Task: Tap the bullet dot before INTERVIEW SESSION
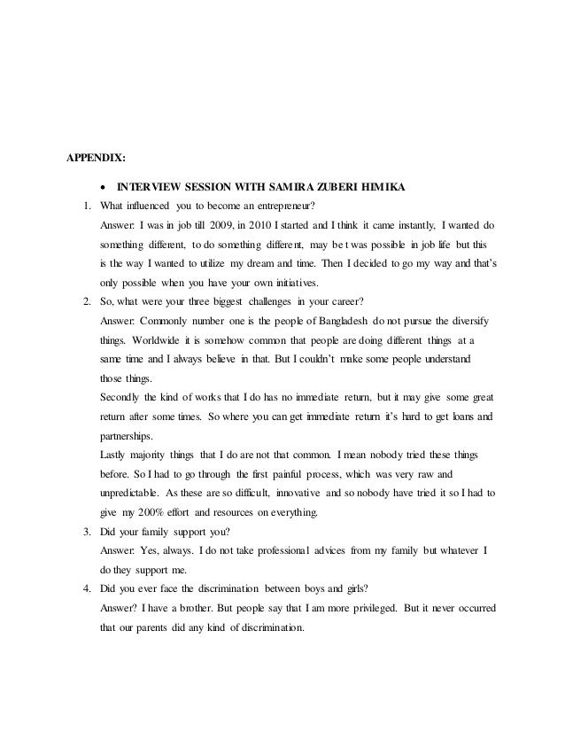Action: click(104, 187)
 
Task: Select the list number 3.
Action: click(86, 533)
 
